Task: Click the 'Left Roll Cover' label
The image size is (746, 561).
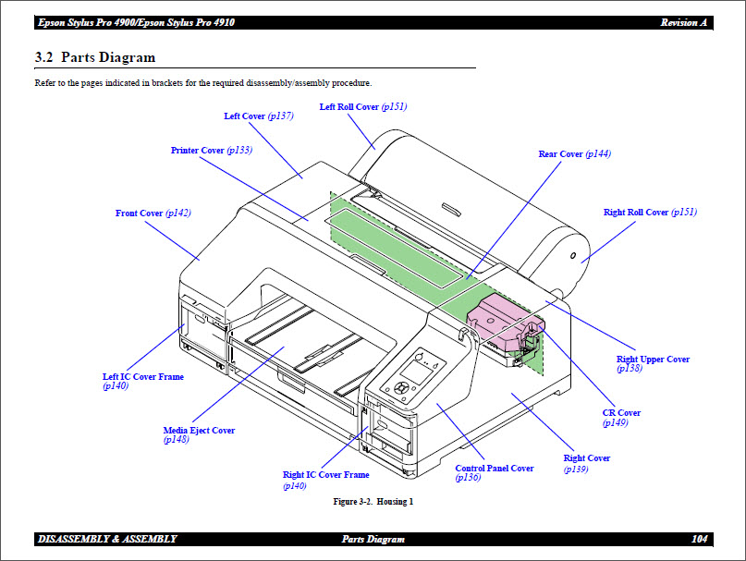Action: point(349,107)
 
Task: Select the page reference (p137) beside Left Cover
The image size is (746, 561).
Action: point(280,116)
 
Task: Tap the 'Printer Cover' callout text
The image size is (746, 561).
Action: point(198,151)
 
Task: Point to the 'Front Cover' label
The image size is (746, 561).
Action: point(139,213)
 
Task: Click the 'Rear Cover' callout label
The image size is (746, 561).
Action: point(560,154)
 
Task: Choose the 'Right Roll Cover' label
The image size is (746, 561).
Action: point(636,213)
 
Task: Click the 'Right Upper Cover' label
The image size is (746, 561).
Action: point(653,360)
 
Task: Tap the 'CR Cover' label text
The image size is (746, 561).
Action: point(621,413)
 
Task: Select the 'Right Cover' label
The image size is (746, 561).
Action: point(587,458)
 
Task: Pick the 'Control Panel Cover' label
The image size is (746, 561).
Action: point(495,469)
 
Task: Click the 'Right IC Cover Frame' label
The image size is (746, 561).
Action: point(325,475)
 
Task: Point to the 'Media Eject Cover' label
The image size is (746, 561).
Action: point(199,431)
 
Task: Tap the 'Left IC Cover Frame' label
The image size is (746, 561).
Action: point(142,377)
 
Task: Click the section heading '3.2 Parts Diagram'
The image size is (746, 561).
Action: point(94,57)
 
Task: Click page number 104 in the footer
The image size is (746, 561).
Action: point(699,539)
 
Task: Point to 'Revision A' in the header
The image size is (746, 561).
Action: point(684,22)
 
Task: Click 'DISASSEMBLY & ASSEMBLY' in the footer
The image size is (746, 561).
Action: point(107,539)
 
